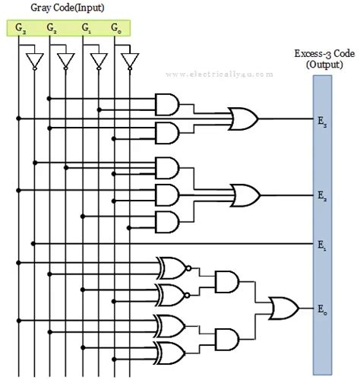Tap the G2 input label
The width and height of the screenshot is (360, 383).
(x=52, y=29)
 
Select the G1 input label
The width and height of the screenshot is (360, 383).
(x=87, y=29)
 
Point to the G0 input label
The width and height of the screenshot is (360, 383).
(x=115, y=29)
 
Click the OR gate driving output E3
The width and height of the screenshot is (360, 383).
(x=245, y=119)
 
